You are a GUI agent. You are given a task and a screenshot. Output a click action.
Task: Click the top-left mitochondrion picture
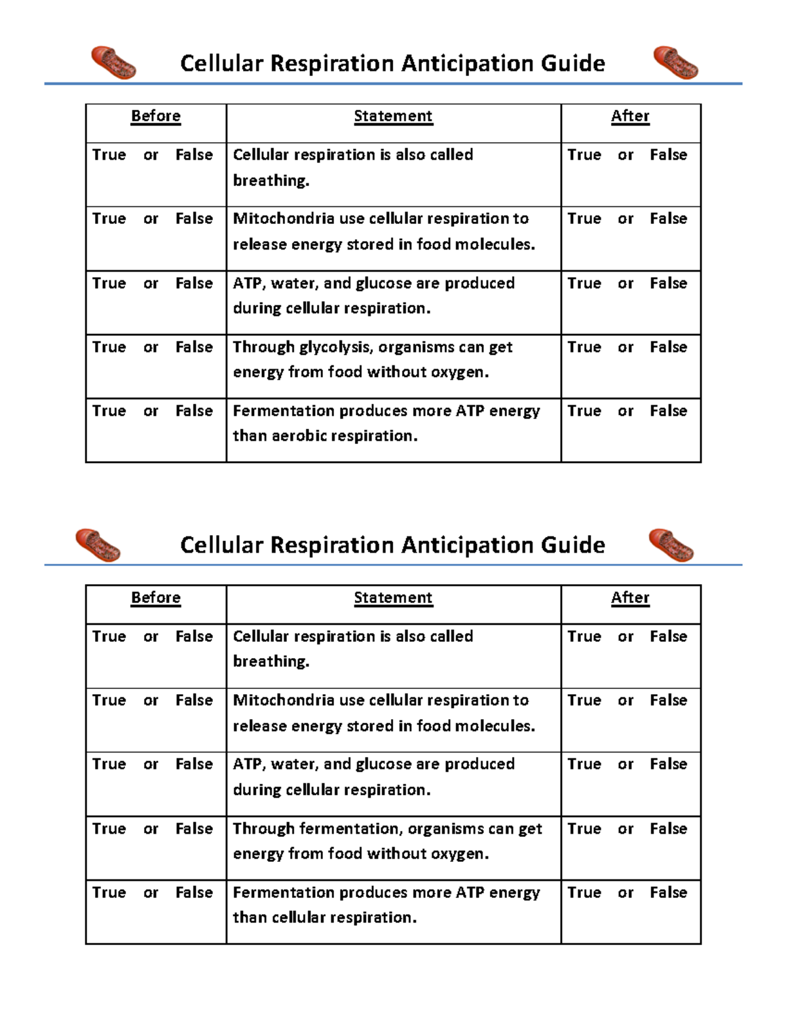(113, 63)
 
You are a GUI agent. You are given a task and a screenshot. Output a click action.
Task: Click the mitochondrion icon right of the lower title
(671, 545)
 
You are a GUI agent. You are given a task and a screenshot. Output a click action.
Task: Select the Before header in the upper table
(156, 116)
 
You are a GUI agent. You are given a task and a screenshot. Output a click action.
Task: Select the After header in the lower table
(630, 597)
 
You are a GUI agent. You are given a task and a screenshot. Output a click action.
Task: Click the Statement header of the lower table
(393, 597)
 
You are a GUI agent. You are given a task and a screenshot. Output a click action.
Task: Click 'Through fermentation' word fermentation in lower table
(349, 828)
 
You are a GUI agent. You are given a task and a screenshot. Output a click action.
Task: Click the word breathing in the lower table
(271, 661)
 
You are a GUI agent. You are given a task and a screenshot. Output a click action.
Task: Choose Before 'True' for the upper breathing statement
(109, 155)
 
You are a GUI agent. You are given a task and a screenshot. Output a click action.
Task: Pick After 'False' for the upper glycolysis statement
(668, 347)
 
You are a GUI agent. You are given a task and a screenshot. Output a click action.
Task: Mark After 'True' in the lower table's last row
(584, 893)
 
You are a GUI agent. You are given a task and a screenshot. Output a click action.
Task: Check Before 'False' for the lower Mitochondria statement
(194, 700)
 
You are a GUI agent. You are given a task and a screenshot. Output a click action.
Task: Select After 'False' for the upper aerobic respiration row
(668, 411)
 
